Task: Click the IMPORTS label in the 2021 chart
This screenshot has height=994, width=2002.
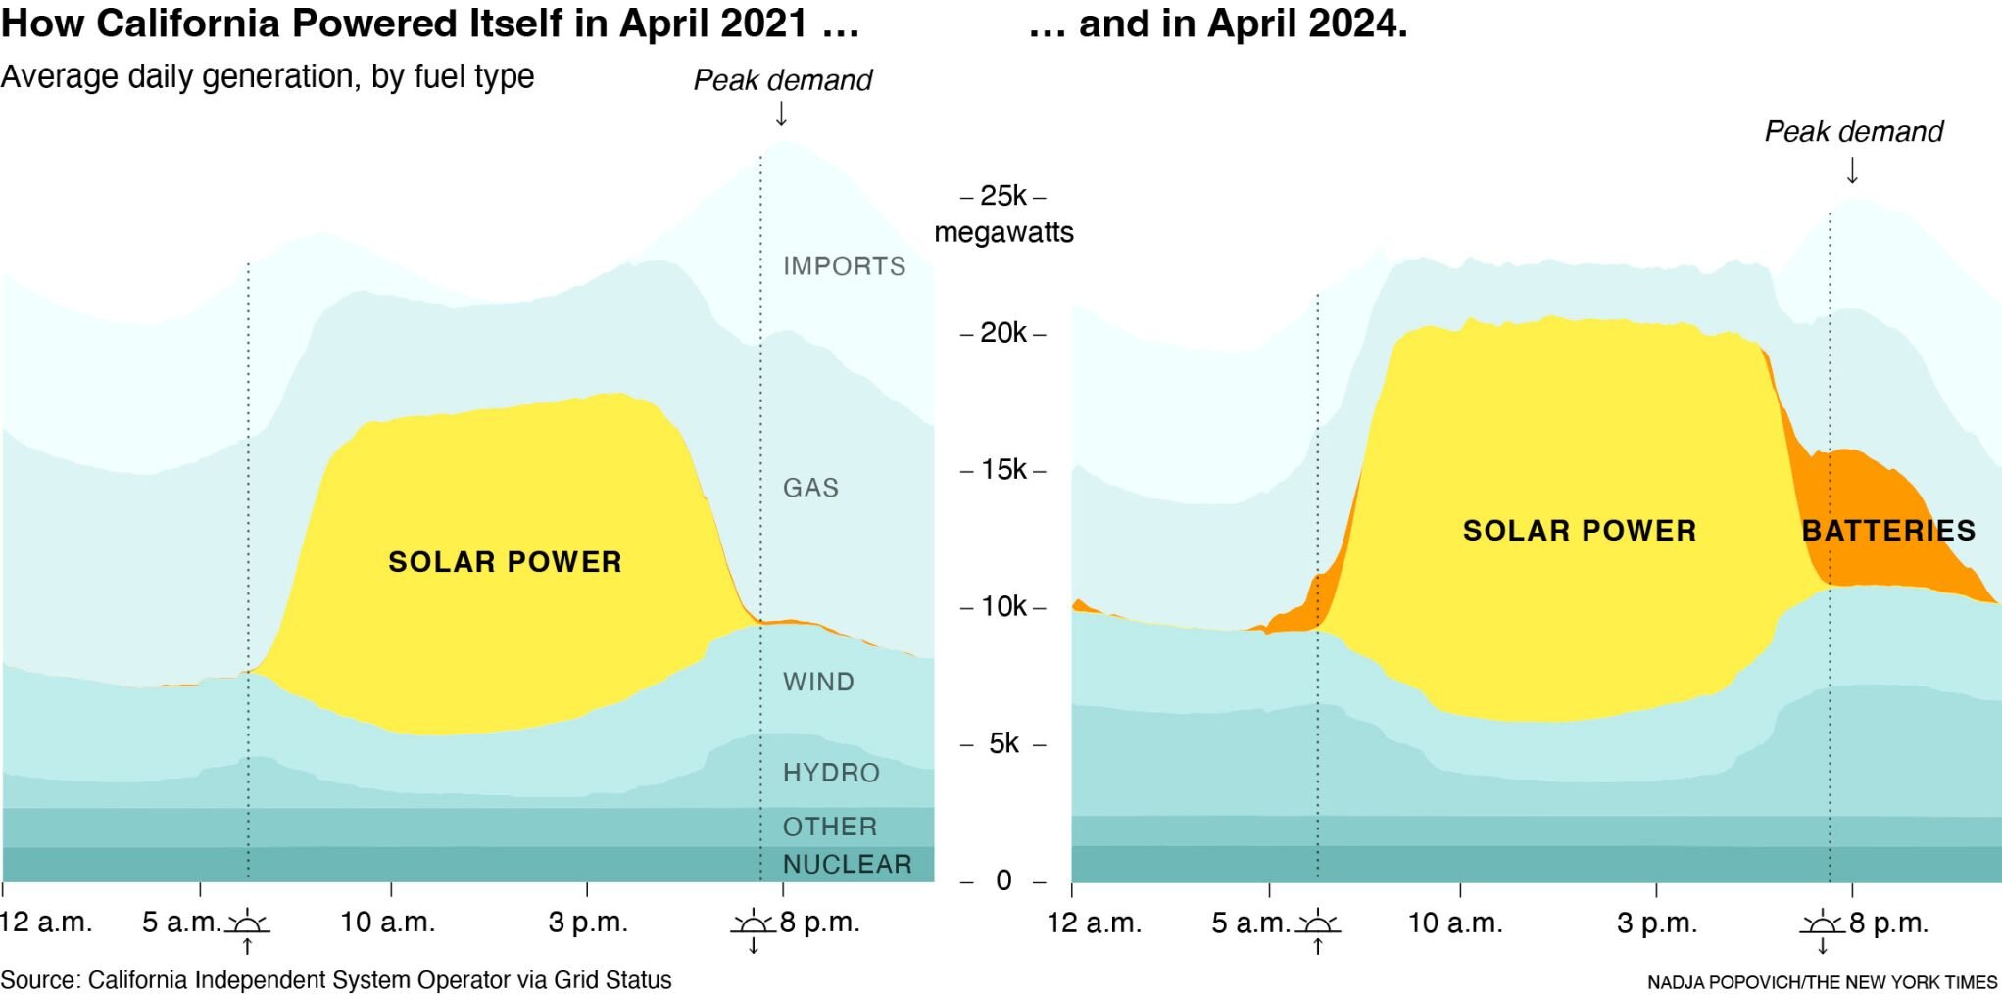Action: point(844,266)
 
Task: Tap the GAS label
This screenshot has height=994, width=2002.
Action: point(810,488)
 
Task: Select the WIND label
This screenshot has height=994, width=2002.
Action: point(818,682)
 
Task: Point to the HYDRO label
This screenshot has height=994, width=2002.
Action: point(831,773)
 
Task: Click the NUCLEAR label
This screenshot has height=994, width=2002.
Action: point(847,864)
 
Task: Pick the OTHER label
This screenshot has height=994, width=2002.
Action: point(829,827)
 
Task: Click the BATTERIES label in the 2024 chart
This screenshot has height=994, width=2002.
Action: point(1888,531)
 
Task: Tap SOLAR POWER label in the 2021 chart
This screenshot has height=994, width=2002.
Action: point(505,562)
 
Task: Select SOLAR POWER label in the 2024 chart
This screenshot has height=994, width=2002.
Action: point(1579,531)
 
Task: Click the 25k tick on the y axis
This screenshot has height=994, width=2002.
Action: point(1003,196)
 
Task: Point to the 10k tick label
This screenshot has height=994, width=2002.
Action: point(1003,607)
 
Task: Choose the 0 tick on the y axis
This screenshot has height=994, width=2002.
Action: point(1003,880)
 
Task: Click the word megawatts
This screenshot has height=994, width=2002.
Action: point(1003,233)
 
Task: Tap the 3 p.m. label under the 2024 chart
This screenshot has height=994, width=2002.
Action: point(1656,923)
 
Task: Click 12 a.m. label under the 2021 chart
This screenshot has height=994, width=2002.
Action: point(46,923)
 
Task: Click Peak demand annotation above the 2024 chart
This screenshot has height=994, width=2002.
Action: point(1853,132)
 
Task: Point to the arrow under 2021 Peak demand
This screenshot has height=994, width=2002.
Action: point(781,115)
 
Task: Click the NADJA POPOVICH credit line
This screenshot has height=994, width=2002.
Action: point(1821,982)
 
